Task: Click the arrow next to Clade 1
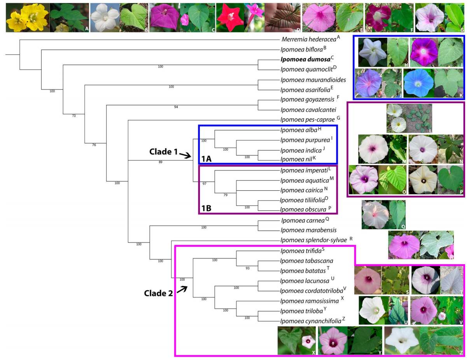(x=184, y=155)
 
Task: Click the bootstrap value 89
(x=160, y=162)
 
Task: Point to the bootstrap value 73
(x=74, y=116)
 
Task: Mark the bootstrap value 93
(x=247, y=268)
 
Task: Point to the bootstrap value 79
(x=226, y=195)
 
